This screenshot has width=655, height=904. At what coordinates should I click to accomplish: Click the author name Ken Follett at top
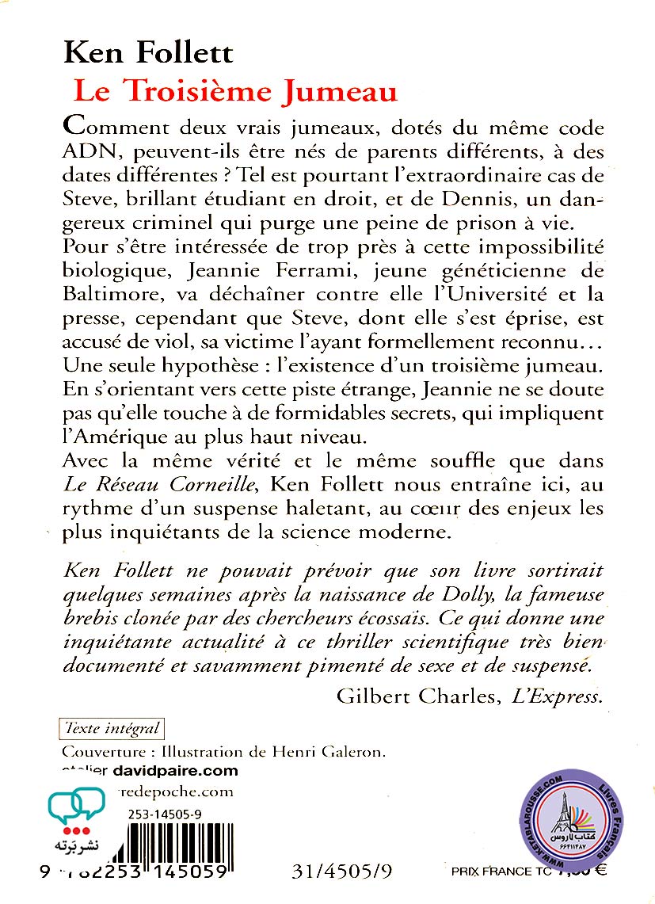148,54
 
